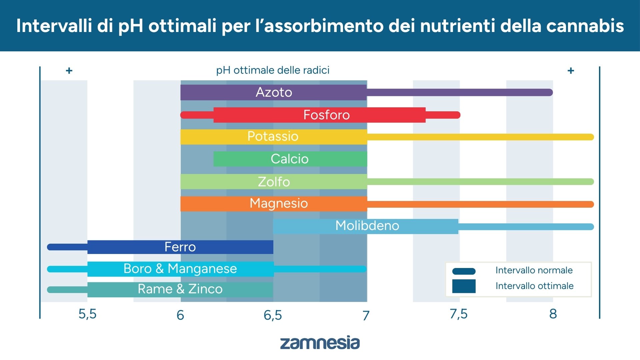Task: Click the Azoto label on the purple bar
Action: [274, 92]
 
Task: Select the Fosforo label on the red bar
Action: [326, 115]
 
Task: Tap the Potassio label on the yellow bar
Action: [273, 136]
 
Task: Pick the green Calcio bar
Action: [289, 159]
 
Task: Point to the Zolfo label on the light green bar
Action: [274, 182]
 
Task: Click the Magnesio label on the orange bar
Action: [279, 203]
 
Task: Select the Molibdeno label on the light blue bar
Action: [367, 226]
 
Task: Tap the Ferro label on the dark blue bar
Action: [180, 247]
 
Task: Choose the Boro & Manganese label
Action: [180, 269]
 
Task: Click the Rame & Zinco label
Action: [180, 289]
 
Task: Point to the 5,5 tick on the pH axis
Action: [87, 314]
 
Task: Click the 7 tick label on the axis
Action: [366, 315]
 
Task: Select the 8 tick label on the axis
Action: [553, 314]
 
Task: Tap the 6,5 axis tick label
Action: [273, 315]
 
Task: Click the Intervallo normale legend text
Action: [534, 270]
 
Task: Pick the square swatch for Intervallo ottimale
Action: [464, 286]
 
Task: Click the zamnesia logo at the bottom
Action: [320, 343]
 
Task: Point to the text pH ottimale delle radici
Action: [273, 70]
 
